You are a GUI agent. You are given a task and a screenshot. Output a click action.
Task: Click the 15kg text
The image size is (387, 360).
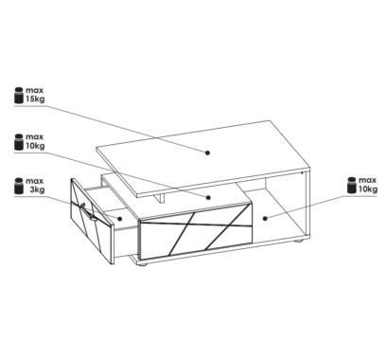35,99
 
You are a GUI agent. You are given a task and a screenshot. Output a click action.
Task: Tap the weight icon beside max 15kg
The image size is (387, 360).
19,95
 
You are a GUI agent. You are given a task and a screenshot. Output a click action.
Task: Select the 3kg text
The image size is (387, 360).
37,189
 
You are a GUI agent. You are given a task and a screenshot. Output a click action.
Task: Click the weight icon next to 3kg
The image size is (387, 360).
19,186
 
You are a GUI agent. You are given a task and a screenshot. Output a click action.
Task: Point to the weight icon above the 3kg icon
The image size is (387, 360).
19,142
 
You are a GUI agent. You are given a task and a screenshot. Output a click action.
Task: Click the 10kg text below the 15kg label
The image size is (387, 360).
35,146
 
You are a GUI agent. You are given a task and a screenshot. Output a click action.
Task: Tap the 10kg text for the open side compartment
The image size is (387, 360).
368,189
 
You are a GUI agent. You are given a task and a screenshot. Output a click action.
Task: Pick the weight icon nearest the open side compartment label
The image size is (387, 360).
352,186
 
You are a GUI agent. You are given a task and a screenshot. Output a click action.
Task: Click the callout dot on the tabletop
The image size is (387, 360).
207,153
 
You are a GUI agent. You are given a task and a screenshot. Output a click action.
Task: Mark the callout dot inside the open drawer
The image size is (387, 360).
120,219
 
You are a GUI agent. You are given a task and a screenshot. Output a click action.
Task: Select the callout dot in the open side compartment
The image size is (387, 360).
265,218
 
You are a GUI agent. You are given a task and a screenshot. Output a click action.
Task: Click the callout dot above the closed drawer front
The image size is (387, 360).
208,198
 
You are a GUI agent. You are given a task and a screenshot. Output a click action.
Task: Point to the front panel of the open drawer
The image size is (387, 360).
92,222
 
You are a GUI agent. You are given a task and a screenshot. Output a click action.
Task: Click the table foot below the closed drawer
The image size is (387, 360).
143,265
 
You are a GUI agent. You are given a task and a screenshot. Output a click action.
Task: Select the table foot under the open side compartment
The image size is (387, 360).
298,241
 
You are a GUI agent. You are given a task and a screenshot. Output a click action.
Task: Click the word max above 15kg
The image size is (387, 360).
34,90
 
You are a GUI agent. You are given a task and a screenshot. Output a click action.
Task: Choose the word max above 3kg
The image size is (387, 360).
34,181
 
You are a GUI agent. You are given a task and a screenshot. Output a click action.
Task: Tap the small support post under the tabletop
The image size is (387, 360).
162,198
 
